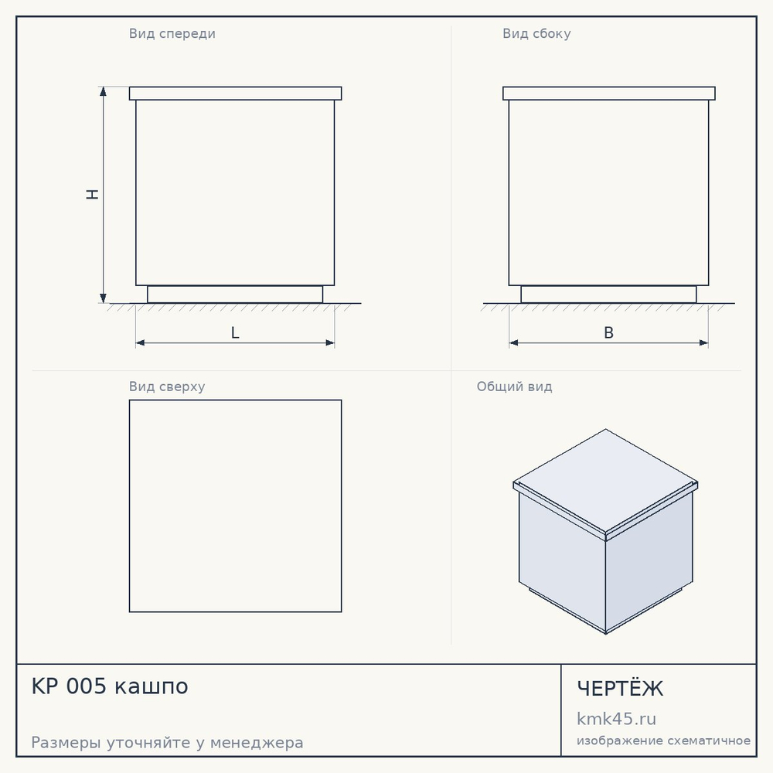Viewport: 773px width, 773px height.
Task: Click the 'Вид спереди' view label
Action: click(x=172, y=34)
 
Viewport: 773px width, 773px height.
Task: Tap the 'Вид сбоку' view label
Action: click(x=536, y=34)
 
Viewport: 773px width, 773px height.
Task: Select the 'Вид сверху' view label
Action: click(x=167, y=386)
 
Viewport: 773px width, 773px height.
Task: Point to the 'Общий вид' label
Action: click(x=514, y=386)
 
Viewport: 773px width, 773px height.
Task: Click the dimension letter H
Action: click(x=92, y=194)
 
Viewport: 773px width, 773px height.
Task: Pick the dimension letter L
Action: click(x=235, y=333)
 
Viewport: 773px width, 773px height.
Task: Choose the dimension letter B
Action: click(x=609, y=333)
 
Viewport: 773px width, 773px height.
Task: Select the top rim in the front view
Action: click(x=235, y=94)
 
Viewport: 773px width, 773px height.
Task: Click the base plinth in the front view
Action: click(x=235, y=295)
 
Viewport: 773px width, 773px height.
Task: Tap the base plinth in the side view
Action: click(x=609, y=295)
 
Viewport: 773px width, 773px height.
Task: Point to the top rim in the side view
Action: click(x=609, y=94)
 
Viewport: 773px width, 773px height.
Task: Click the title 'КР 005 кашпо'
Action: click(x=110, y=686)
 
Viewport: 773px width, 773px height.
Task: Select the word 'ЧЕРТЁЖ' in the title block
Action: click(x=620, y=688)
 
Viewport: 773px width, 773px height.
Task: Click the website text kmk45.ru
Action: click(x=616, y=719)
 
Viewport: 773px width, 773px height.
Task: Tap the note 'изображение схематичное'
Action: click(x=663, y=741)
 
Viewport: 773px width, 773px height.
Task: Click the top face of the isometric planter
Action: click(x=605, y=482)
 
